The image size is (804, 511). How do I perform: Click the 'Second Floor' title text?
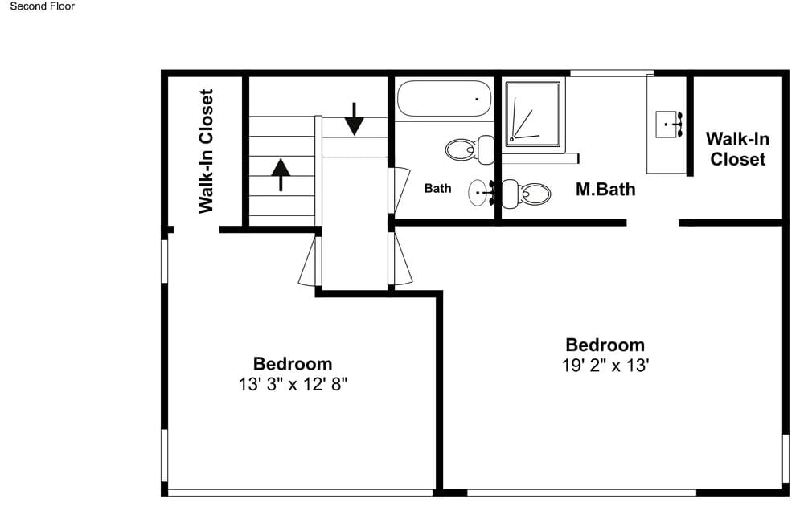point(42,6)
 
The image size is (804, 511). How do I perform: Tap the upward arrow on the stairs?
point(281,175)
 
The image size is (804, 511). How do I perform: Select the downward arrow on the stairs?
point(354,119)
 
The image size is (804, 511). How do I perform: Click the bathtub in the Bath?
point(444,98)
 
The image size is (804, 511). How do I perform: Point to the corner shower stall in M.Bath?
point(533,114)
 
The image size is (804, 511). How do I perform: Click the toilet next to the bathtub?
point(470,149)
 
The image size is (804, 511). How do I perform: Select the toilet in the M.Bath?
point(526,194)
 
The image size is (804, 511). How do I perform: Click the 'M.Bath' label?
point(605,189)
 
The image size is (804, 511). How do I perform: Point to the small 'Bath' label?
point(438,189)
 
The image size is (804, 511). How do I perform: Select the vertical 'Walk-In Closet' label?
point(206,151)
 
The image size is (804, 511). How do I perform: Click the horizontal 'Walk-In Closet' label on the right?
point(737,149)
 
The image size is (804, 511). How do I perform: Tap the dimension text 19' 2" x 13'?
point(605,366)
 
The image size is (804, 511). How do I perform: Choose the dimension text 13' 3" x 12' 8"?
point(293,384)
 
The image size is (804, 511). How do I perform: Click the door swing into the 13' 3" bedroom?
point(310,261)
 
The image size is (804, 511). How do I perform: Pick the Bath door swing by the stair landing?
point(400,190)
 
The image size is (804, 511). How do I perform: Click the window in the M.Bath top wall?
point(612,73)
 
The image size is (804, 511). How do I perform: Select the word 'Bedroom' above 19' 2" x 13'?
point(605,345)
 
